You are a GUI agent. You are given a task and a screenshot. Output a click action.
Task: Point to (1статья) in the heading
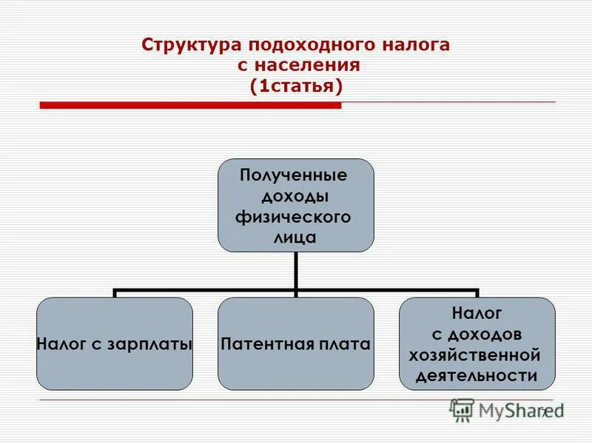(x=296, y=85)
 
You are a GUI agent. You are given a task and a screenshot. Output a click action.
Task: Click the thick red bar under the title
(x=190, y=106)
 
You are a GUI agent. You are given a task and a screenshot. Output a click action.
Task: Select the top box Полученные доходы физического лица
(x=295, y=204)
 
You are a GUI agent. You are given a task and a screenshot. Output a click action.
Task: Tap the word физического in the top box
(x=295, y=218)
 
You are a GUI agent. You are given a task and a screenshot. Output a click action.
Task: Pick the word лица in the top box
(x=295, y=238)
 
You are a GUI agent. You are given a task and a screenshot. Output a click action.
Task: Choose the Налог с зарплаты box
(x=115, y=344)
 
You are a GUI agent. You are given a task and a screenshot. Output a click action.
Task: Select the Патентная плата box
(x=295, y=344)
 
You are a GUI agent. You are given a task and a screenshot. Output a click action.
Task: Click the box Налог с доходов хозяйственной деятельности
(x=477, y=344)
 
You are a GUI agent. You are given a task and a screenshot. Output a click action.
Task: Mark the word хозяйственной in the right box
(x=477, y=354)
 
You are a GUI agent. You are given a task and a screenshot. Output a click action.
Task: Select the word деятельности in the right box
(x=477, y=375)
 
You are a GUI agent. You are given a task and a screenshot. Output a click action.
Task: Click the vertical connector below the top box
(x=295, y=270)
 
